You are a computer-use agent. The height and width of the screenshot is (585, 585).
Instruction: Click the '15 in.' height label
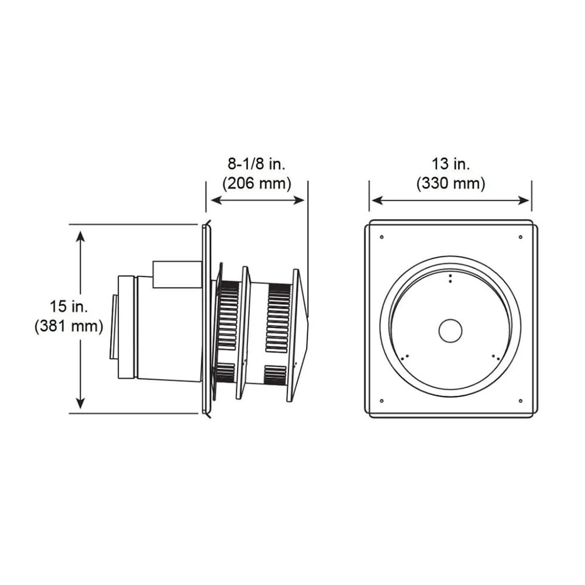point(68,306)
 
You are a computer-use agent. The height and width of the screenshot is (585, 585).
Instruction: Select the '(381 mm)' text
point(68,325)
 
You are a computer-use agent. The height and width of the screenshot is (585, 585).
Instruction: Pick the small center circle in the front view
point(450,331)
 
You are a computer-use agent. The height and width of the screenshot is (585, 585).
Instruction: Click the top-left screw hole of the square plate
point(381,237)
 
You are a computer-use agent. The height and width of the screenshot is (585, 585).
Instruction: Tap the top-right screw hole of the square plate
point(520,237)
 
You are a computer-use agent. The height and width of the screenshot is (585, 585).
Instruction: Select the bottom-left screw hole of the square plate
point(381,401)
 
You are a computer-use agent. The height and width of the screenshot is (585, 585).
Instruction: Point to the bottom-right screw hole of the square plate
point(520,401)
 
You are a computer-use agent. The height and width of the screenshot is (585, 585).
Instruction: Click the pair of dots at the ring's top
point(450,278)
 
